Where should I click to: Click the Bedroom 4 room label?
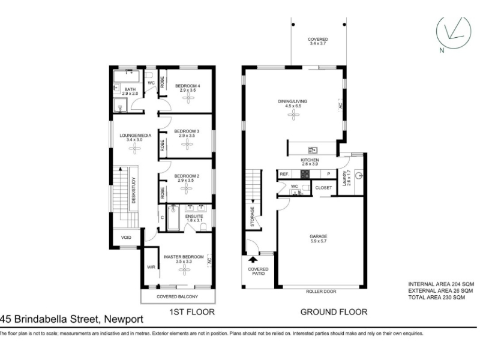pyautogui.click(x=187, y=86)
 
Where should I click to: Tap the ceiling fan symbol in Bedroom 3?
pyautogui.click(x=187, y=144)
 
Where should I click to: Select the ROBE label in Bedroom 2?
pyautogui.click(x=162, y=193)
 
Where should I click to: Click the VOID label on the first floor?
pyautogui.click(x=126, y=237)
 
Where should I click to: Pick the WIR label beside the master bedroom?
pyautogui.click(x=151, y=267)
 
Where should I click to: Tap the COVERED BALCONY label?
pyautogui.click(x=177, y=296)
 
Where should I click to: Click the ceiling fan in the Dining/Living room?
pyautogui.click(x=293, y=115)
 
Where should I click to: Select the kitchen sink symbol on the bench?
pyautogui.click(x=313, y=150)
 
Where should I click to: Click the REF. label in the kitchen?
pyautogui.click(x=284, y=174)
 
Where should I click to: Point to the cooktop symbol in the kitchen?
pyautogui.click(x=305, y=174)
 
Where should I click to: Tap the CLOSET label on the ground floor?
pyautogui.click(x=323, y=188)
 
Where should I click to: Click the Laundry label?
pyautogui.click(x=344, y=178)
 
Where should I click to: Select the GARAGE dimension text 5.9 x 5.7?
pyautogui.click(x=319, y=241)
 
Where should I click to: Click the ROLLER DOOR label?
pyautogui.click(x=321, y=292)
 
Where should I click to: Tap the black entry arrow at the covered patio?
pyautogui.click(x=253, y=260)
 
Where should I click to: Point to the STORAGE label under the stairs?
pyautogui.click(x=252, y=217)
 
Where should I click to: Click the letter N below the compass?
pyautogui.click(x=442, y=51)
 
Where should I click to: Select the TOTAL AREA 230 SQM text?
pyautogui.click(x=437, y=297)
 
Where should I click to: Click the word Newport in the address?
pyautogui.click(x=124, y=319)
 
